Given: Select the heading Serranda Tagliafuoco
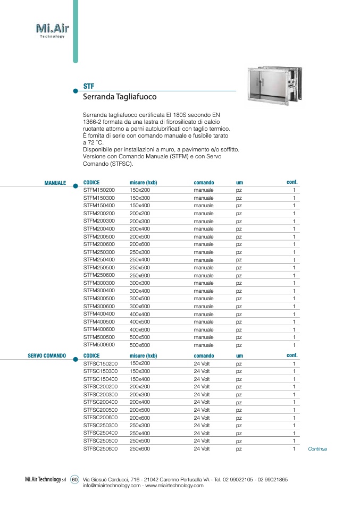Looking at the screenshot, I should (120, 97).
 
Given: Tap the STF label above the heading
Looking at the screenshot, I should (89, 86).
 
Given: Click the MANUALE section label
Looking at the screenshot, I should (55, 183).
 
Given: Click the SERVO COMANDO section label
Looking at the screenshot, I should (47, 355).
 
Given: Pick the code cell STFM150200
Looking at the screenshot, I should (99, 190).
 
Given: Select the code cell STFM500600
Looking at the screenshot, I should (99, 344).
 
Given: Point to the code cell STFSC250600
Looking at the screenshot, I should (101, 449).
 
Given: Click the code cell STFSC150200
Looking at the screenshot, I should (101, 363).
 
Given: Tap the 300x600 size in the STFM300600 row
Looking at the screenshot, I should (140, 306).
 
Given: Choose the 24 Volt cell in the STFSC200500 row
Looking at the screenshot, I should (202, 410).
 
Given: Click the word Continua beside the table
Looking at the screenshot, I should (317, 449).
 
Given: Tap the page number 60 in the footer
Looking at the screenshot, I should (74, 479).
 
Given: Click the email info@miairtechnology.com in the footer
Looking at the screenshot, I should (112, 486).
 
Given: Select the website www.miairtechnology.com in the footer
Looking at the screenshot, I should (174, 486).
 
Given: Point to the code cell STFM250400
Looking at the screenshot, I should (99, 259).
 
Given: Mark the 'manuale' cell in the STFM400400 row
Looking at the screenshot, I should (204, 314).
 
